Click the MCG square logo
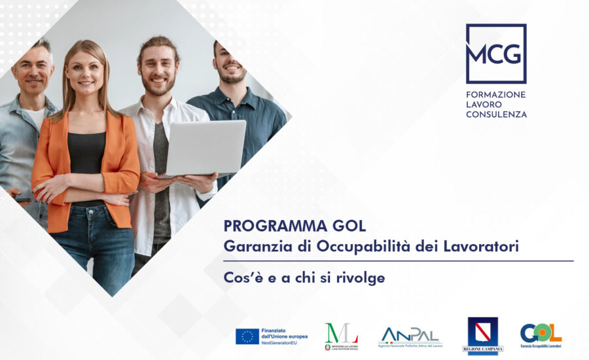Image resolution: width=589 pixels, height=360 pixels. click(x=495, y=54)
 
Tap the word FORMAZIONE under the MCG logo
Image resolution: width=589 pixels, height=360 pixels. click(x=495, y=94)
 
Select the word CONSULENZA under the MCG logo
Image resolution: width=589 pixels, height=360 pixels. click(x=496, y=115)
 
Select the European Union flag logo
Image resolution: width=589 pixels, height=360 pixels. click(x=247, y=336)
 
